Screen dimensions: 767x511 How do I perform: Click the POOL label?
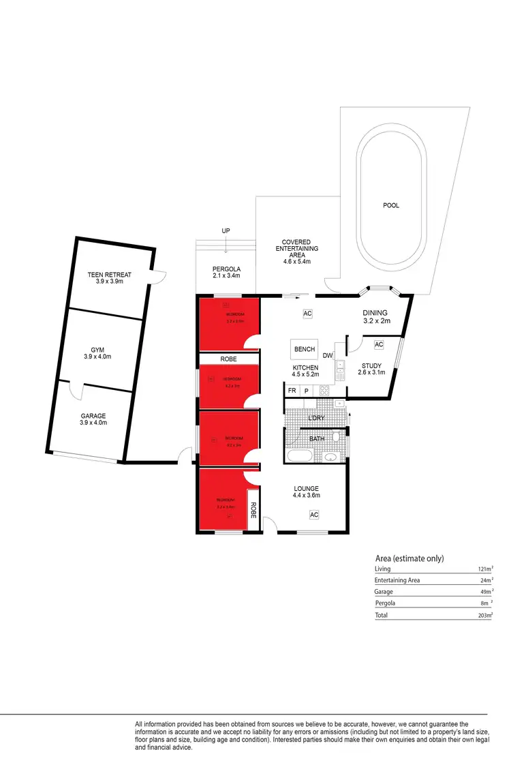[391, 205]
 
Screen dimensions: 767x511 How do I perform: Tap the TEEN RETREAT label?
[109, 275]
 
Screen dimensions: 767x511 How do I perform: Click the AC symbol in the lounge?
[314, 515]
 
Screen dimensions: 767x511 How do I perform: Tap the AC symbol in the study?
[379, 344]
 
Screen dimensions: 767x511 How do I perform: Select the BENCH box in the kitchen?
[304, 350]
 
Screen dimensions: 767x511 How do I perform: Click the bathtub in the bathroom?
[300, 456]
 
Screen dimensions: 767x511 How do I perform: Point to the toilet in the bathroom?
[336, 436]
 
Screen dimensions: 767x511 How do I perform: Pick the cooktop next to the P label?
[324, 391]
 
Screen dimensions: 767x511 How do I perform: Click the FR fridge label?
[292, 391]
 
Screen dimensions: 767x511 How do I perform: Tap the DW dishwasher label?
[328, 355]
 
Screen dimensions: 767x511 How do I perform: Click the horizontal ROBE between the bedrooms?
[228, 359]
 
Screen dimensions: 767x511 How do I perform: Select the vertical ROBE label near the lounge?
[252, 509]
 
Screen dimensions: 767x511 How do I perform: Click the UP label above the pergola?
[226, 231]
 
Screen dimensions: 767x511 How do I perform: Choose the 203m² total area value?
[485, 615]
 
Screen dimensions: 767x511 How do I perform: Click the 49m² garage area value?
[486, 592]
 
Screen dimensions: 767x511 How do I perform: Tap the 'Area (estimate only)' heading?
[409, 558]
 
